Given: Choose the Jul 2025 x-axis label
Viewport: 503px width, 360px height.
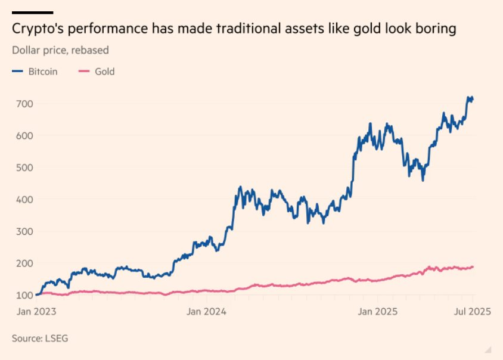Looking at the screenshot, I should tap(471, 311).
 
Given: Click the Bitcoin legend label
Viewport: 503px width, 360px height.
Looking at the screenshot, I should tap(43, 72).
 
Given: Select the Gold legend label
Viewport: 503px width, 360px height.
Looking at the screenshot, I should tap(104, 72).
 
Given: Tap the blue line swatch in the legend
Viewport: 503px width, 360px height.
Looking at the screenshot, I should tap(17, 72).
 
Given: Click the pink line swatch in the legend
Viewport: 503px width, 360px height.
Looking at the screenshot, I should tap(83, 72).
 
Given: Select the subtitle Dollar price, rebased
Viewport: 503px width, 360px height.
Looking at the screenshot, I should tap(60, 50).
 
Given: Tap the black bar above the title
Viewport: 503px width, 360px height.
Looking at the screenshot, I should tap(32, 12).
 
